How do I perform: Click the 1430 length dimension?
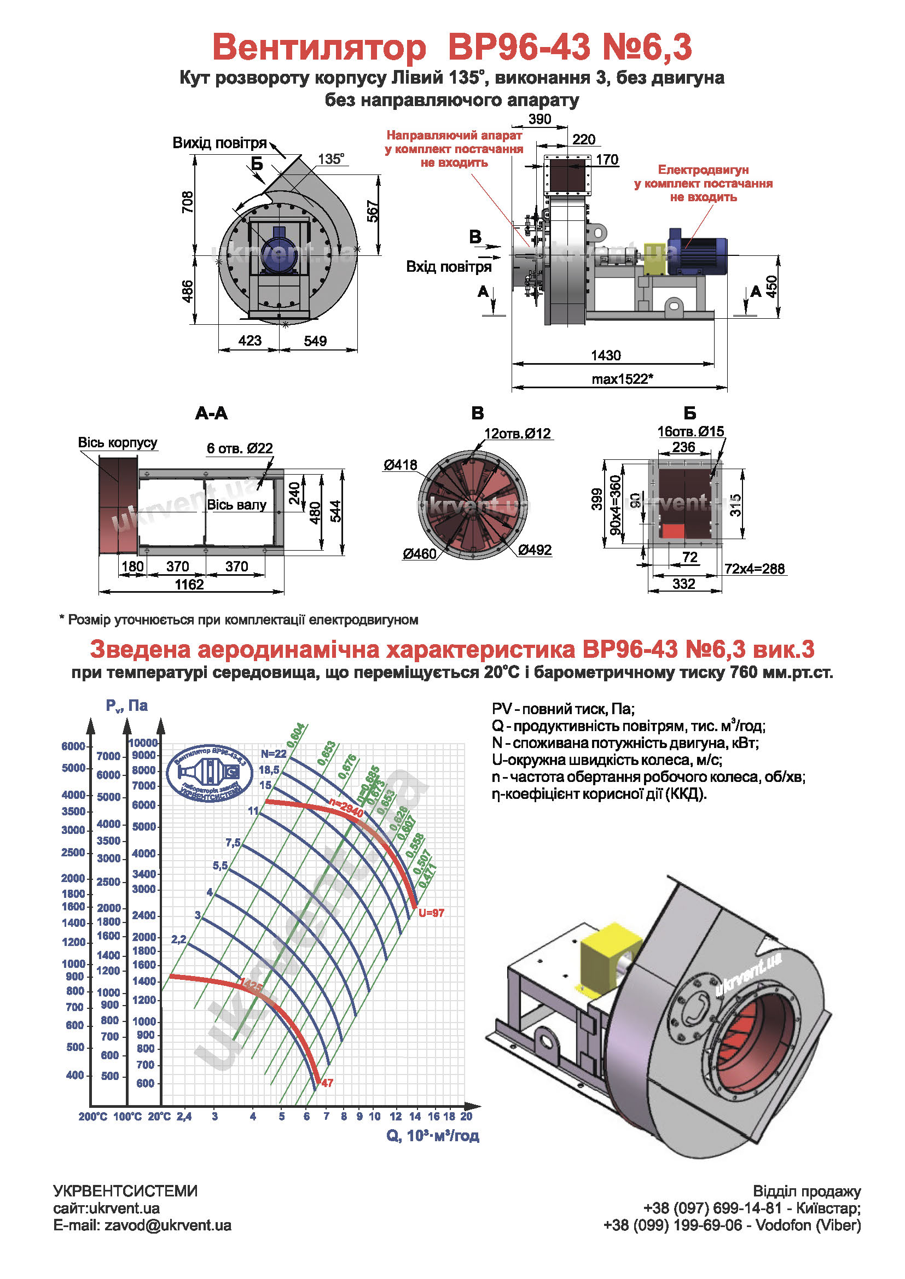pos(606,355)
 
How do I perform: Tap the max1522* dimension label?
pos(622,379)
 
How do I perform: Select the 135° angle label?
pos(331,159)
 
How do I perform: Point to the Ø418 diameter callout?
pos(399,465)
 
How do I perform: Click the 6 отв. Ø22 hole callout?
pos(240,448)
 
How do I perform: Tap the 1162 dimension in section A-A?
pos(189,585)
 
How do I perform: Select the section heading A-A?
pos(211,413)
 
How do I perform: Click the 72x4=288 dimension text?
pos(755,569)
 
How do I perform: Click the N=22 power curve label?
pos(273,754)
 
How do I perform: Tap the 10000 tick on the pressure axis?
pos(143,743)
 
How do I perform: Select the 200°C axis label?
pos(92,1117)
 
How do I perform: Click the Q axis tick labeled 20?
pos(466,1116)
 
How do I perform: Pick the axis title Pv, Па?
pos(126,706)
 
